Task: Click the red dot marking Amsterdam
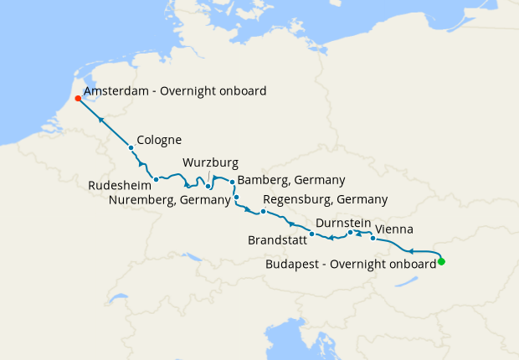point(78,98)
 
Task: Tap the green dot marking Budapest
point(441,262)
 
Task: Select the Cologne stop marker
point(131,148)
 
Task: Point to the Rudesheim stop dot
point(157,179)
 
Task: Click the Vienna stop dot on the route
point(373,239)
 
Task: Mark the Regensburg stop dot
point(263,211)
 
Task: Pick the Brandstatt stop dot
point(311,234)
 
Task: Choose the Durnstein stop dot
point(351,232)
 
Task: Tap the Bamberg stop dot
point(233,182)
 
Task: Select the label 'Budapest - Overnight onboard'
point(350,263)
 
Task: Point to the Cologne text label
point(159,140)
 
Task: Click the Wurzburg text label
point(211,162)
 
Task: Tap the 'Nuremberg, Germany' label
point(170,200)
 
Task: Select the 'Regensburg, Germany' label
point(325,200)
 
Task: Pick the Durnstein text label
point(344,224)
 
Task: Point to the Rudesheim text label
point(119,185)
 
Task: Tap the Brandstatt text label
point(276,240)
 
